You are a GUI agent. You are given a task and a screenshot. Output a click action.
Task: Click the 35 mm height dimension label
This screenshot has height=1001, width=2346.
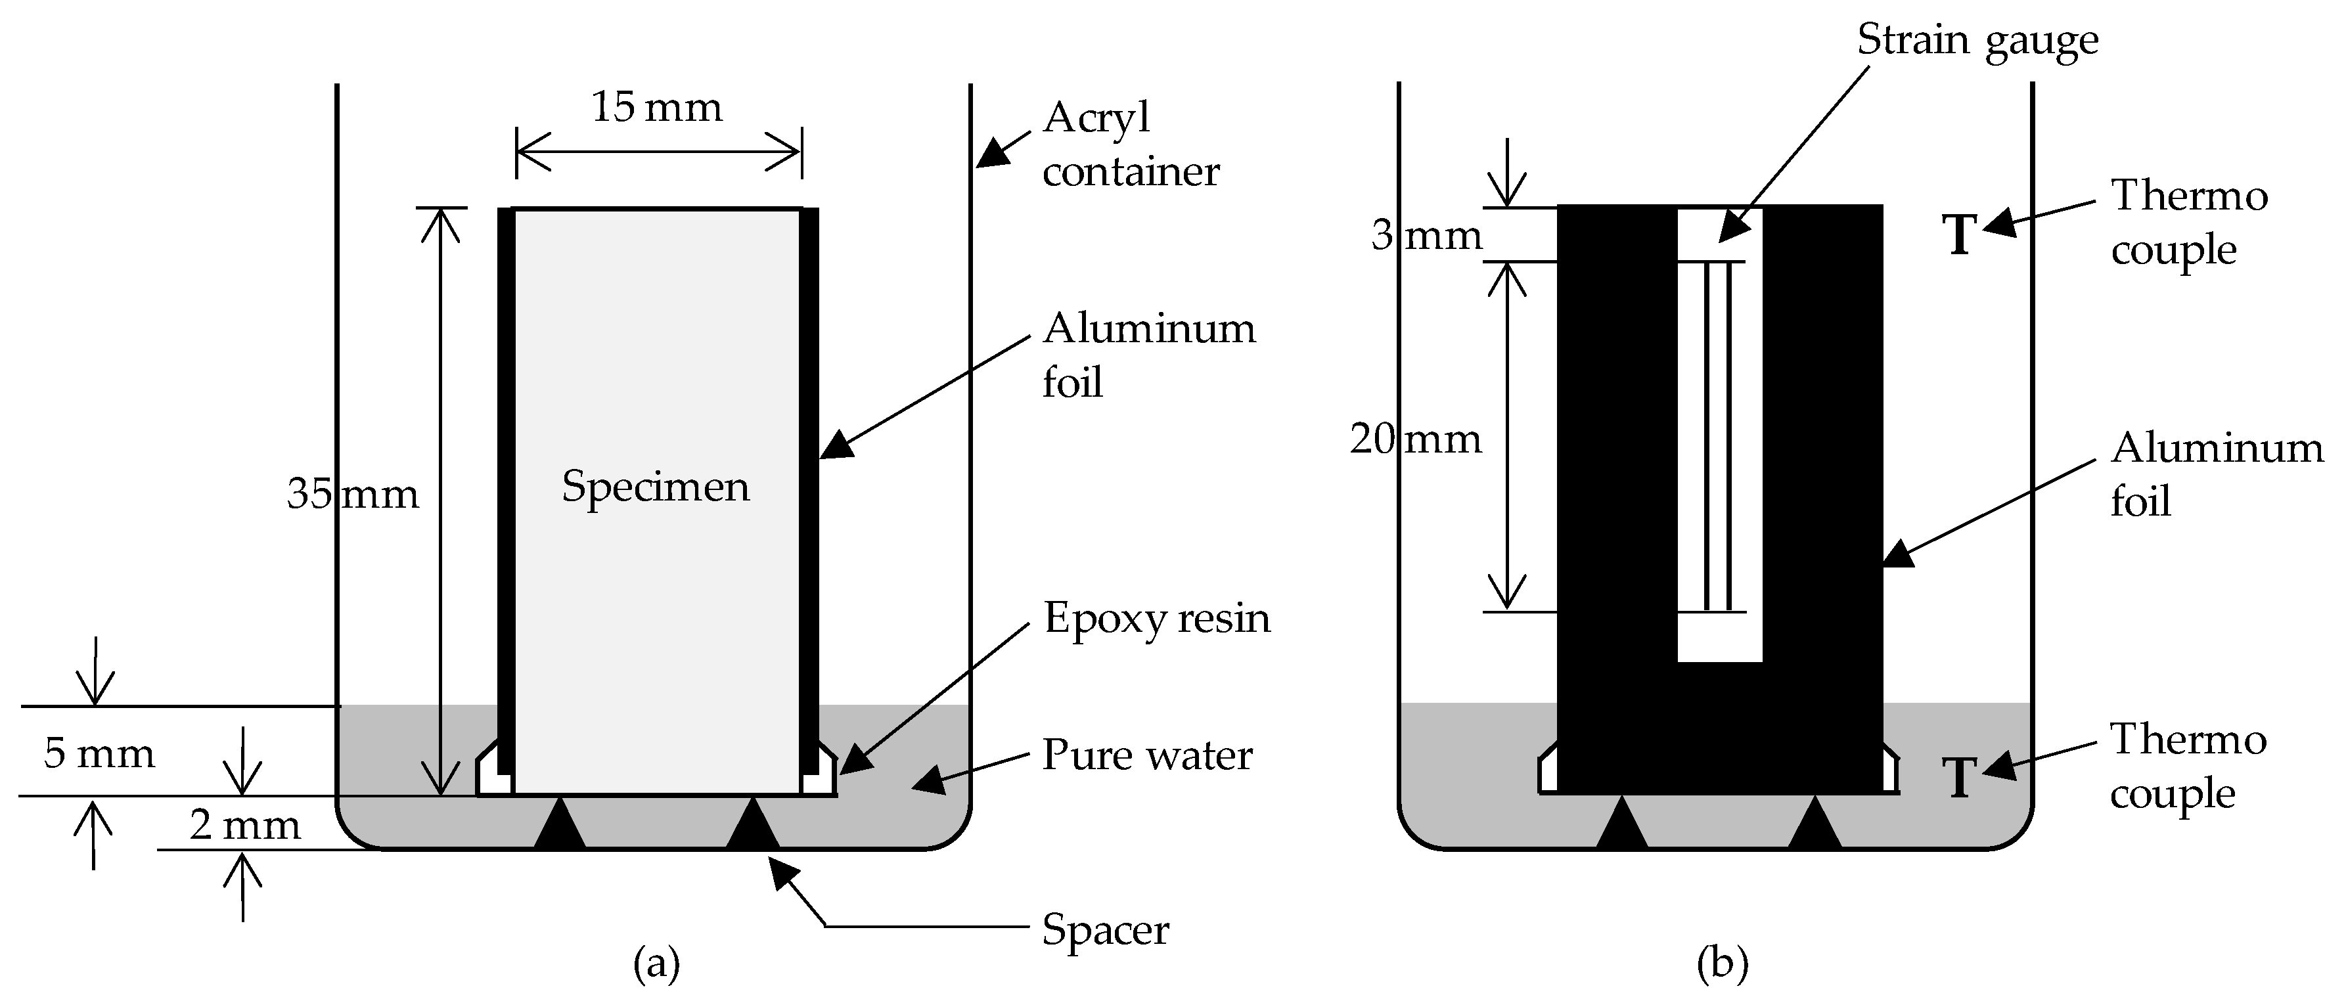click(352, 494)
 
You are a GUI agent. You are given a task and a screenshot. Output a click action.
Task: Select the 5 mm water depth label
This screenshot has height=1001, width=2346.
click(99, 753)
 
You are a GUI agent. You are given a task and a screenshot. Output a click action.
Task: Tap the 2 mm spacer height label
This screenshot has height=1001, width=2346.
click(244, 825)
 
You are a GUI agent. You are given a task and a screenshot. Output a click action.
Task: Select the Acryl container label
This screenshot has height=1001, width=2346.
click(1129, 144)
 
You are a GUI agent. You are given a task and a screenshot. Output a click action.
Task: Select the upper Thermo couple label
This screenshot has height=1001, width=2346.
click(2188, 222)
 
